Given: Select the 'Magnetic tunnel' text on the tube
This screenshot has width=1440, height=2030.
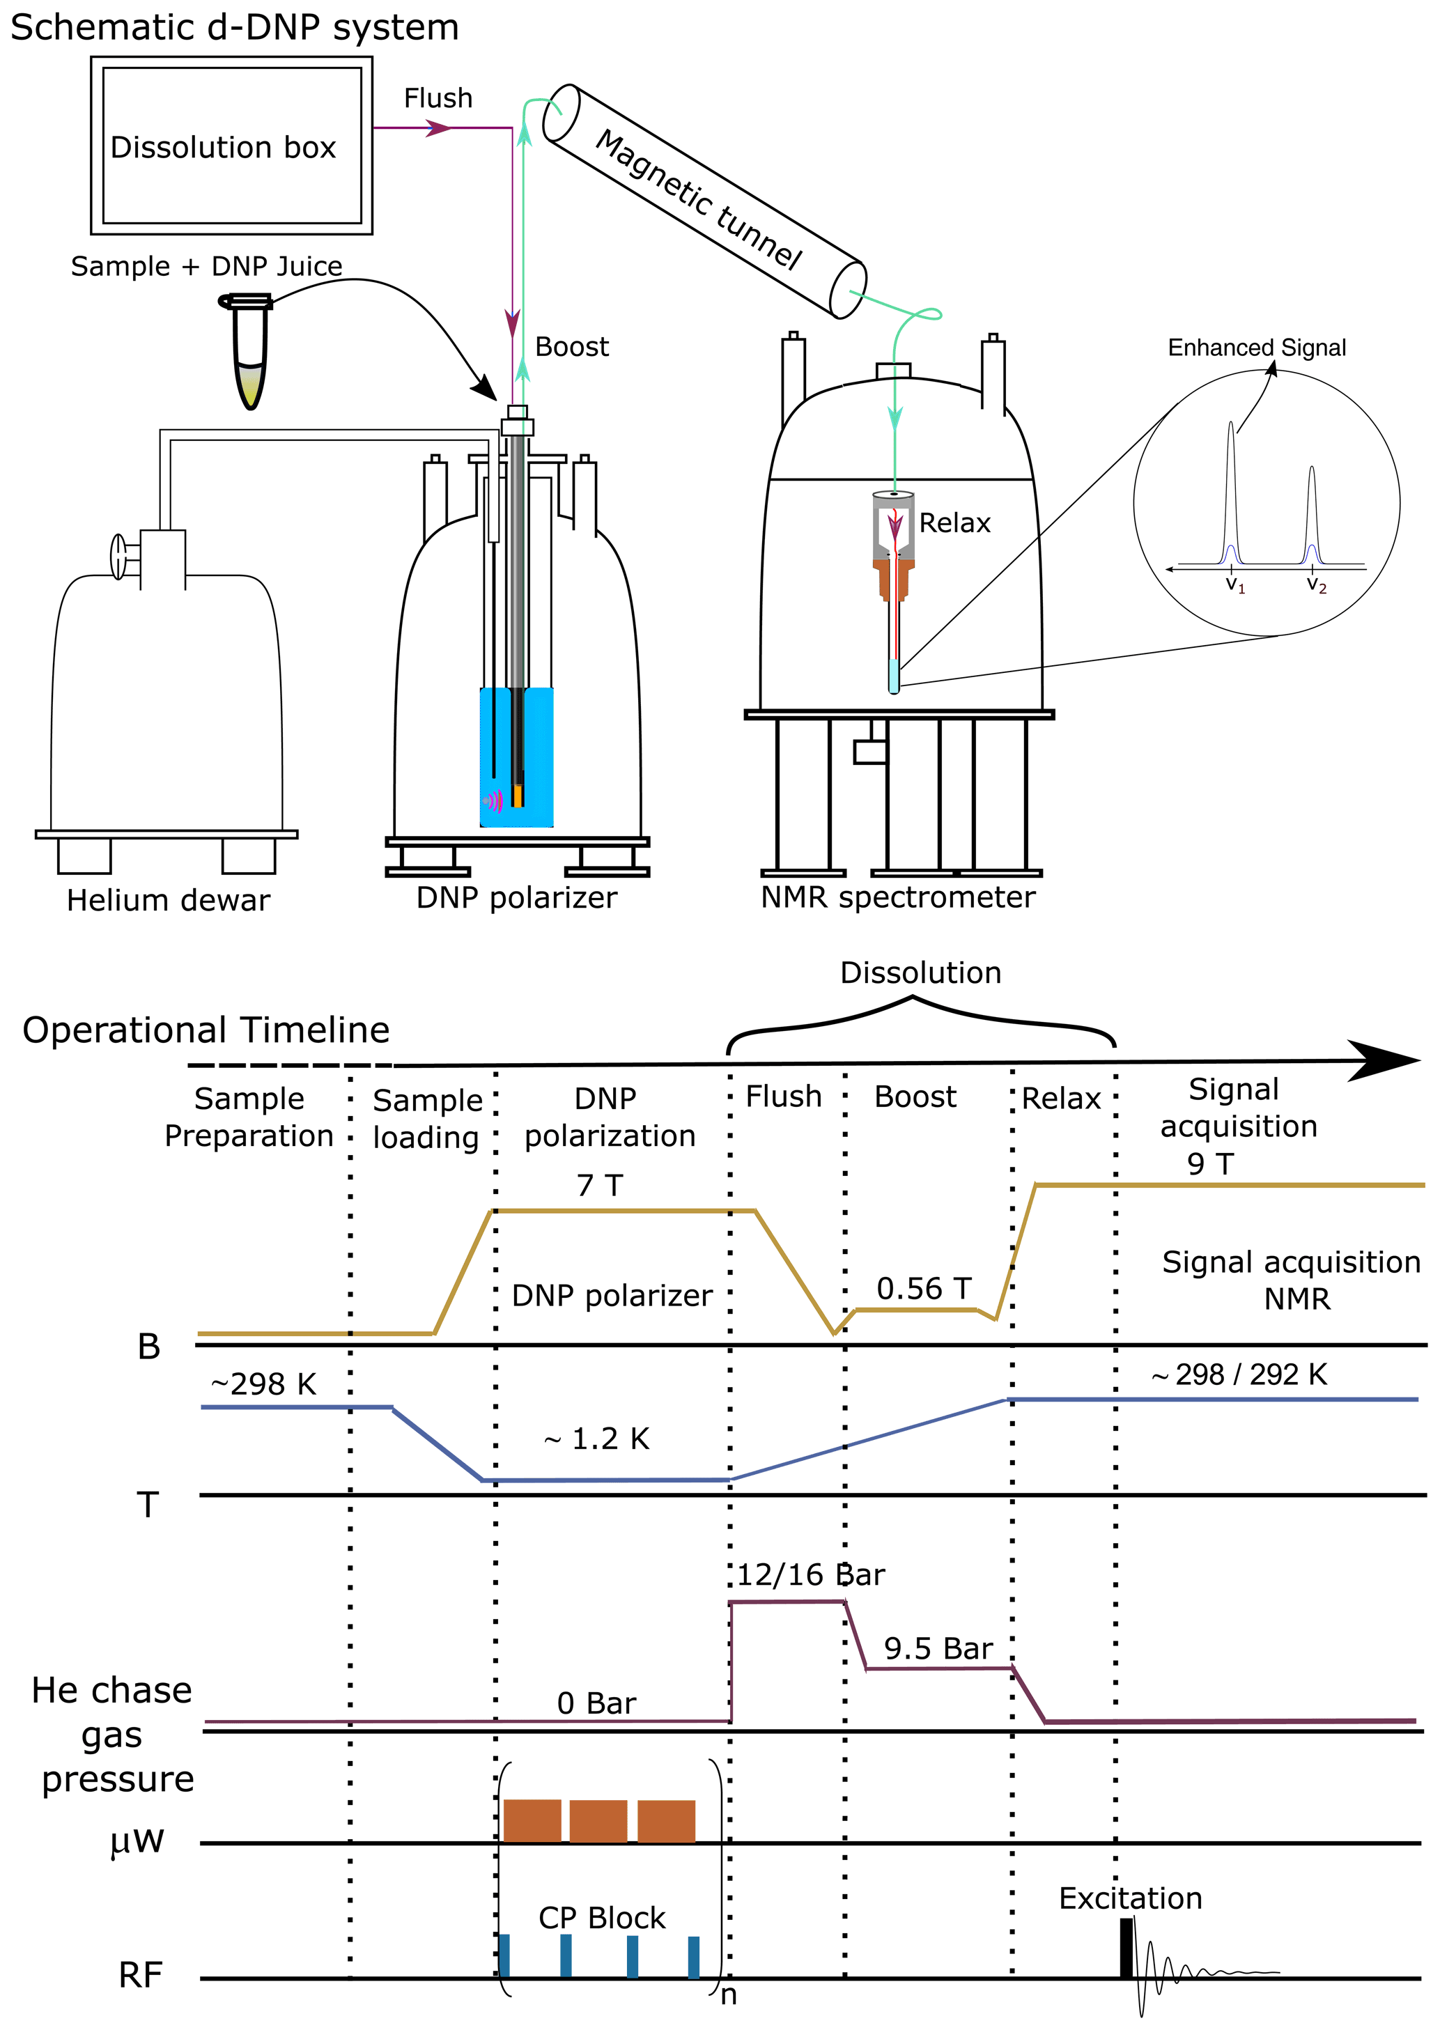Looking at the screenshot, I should (x=699, y=199).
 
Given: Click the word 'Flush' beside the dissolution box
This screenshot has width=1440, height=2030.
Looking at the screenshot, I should (x=438, y=98).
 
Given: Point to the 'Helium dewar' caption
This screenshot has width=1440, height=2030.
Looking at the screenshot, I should (x=168, y=901).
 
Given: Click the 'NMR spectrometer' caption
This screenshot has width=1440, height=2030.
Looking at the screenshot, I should (x=897, y=897).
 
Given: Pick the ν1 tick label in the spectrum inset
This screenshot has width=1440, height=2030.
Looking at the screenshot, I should (x=1234, y=585).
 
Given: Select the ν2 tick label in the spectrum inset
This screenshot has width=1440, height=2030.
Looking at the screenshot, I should (x=1316, y=585).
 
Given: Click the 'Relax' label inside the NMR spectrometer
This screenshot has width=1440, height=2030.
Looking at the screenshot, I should (x=954, y=523).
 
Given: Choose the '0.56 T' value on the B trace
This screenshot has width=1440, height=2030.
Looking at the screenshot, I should (x=924, y=1288).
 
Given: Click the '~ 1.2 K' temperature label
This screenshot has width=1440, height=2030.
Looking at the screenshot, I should (x=597, y=1439).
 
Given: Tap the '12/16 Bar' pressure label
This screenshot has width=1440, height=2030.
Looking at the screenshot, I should (x=810, y=1574).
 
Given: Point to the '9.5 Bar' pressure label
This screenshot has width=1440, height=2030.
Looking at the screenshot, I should (x=938, y=1648).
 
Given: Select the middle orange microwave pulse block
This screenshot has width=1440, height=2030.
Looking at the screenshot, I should (x=598, y=1821).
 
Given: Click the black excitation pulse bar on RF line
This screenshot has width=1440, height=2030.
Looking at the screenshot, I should (x=1126, y=1948).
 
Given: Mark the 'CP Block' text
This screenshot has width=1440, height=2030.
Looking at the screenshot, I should (x=601, y=1917).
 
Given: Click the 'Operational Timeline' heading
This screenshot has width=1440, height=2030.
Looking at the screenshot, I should (x=206, y=1030).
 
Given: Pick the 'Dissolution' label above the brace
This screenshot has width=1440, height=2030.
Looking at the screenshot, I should (x=920, y=973).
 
